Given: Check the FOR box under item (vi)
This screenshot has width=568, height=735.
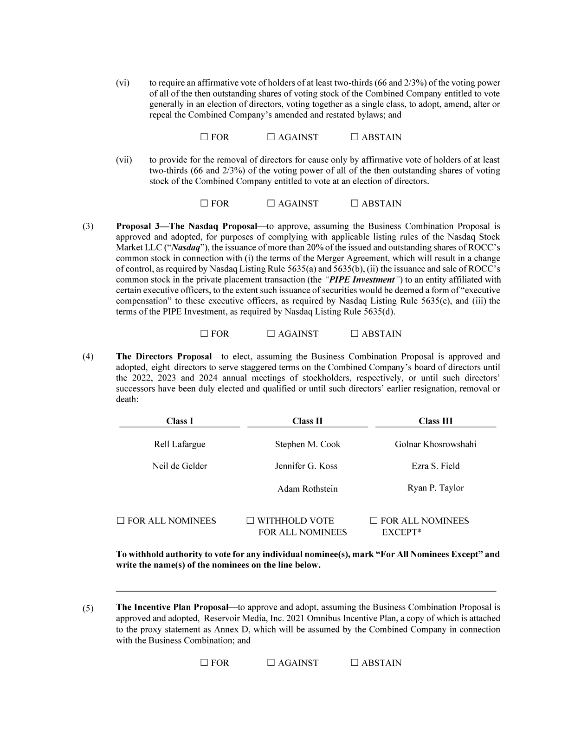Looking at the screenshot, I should click(x=204, y=137).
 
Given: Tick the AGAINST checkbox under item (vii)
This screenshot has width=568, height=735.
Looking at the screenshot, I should click(x=271, y=204).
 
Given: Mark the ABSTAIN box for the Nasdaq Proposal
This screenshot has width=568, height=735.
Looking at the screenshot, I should click(x=355, y=334).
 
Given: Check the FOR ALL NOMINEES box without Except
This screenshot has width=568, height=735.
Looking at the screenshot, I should click(x=121, y=521).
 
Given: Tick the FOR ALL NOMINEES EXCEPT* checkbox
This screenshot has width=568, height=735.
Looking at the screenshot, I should click(x=374, y=521).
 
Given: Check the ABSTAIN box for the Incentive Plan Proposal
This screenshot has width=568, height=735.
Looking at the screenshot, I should click(x=355, y=663).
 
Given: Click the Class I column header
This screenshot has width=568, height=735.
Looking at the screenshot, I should click(x=180, y=421).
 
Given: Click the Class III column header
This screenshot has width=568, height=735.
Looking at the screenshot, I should click(x=435, y=421).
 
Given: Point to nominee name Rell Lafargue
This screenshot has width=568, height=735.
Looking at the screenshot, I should click(x=180, y=445).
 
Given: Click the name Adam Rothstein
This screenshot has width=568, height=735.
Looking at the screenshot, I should click(x=307, y=489).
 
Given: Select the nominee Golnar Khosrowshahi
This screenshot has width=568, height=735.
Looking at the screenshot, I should click(x=435, y=445).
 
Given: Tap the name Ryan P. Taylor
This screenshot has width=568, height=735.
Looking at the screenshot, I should click(x=435, y=488).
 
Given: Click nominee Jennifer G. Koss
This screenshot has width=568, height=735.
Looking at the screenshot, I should click(x=306, y=466).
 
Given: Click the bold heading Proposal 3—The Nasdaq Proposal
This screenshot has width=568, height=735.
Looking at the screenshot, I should click(x=186, y=226).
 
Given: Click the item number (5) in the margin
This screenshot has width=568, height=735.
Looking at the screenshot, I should click(x=88, y=608).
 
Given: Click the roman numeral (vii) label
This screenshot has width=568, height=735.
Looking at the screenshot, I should click(x=124, y=160).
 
